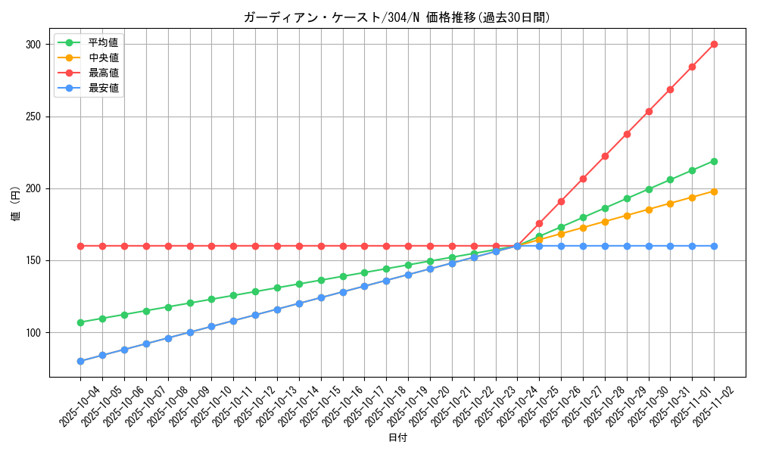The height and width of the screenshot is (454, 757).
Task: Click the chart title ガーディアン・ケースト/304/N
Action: [x=397, y=17]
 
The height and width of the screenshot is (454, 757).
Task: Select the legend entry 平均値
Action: [x=103, y=42]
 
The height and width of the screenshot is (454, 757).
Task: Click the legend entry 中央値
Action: [x=103, y=58]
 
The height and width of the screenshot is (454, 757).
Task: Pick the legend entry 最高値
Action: [x=103, y=73]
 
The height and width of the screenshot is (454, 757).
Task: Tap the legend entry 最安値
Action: [x=103, y=88]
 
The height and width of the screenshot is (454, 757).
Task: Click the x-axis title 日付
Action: [x=397, y=438]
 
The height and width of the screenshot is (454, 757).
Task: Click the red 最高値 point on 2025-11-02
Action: [x=714, y=45]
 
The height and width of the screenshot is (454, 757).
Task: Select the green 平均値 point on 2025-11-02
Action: [x=714, y=161]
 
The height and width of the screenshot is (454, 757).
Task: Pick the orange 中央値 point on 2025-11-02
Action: [x=714, y=191]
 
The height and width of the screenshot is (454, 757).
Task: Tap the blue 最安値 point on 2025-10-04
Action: [x=80, y=361]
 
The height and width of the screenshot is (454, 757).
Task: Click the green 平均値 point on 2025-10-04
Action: [x=80, y=322]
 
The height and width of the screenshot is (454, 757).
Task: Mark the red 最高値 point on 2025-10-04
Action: [x=80, y=246]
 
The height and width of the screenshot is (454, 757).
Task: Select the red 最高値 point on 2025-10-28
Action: [x=605, y=156]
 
